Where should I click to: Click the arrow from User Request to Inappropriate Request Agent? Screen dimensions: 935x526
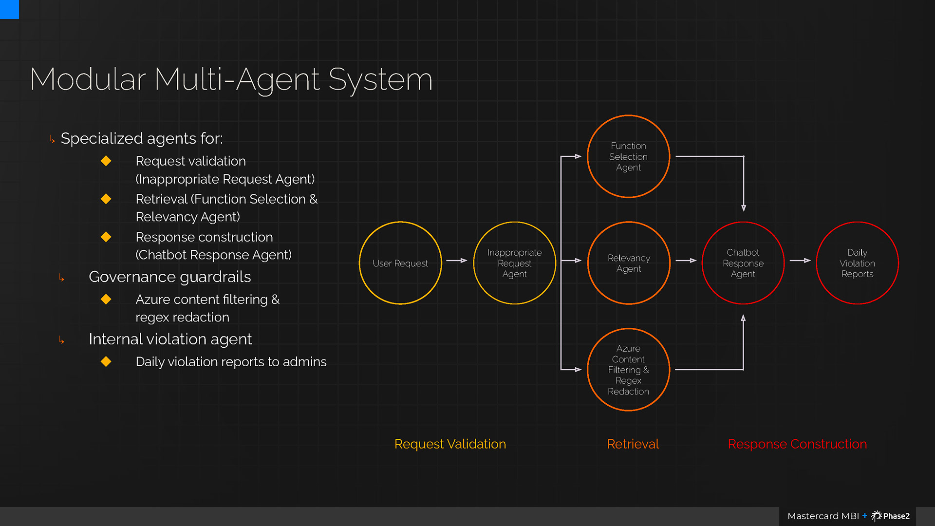tap(457, 261)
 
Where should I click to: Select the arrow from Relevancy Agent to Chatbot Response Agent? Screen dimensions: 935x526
tap(686, 261)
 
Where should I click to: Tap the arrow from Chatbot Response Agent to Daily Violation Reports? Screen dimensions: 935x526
tap(800, 261)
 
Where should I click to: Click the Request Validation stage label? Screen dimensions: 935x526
tap(450, 444)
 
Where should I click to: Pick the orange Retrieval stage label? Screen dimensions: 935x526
tap(633, 444)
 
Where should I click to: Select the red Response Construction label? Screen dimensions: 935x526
tap(797, 444)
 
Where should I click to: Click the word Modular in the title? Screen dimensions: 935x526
tap(88, 79)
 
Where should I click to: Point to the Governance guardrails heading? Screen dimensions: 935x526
tap(170, 277)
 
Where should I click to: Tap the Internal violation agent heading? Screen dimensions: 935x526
tap(170, 339)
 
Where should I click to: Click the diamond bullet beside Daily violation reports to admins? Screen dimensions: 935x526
tap(106, 361)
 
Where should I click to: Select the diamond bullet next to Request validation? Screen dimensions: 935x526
tap(106, 161)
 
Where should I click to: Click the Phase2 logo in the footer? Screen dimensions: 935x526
tap(891, 516)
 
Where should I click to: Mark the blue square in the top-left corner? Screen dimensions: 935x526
tap(9, 9)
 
